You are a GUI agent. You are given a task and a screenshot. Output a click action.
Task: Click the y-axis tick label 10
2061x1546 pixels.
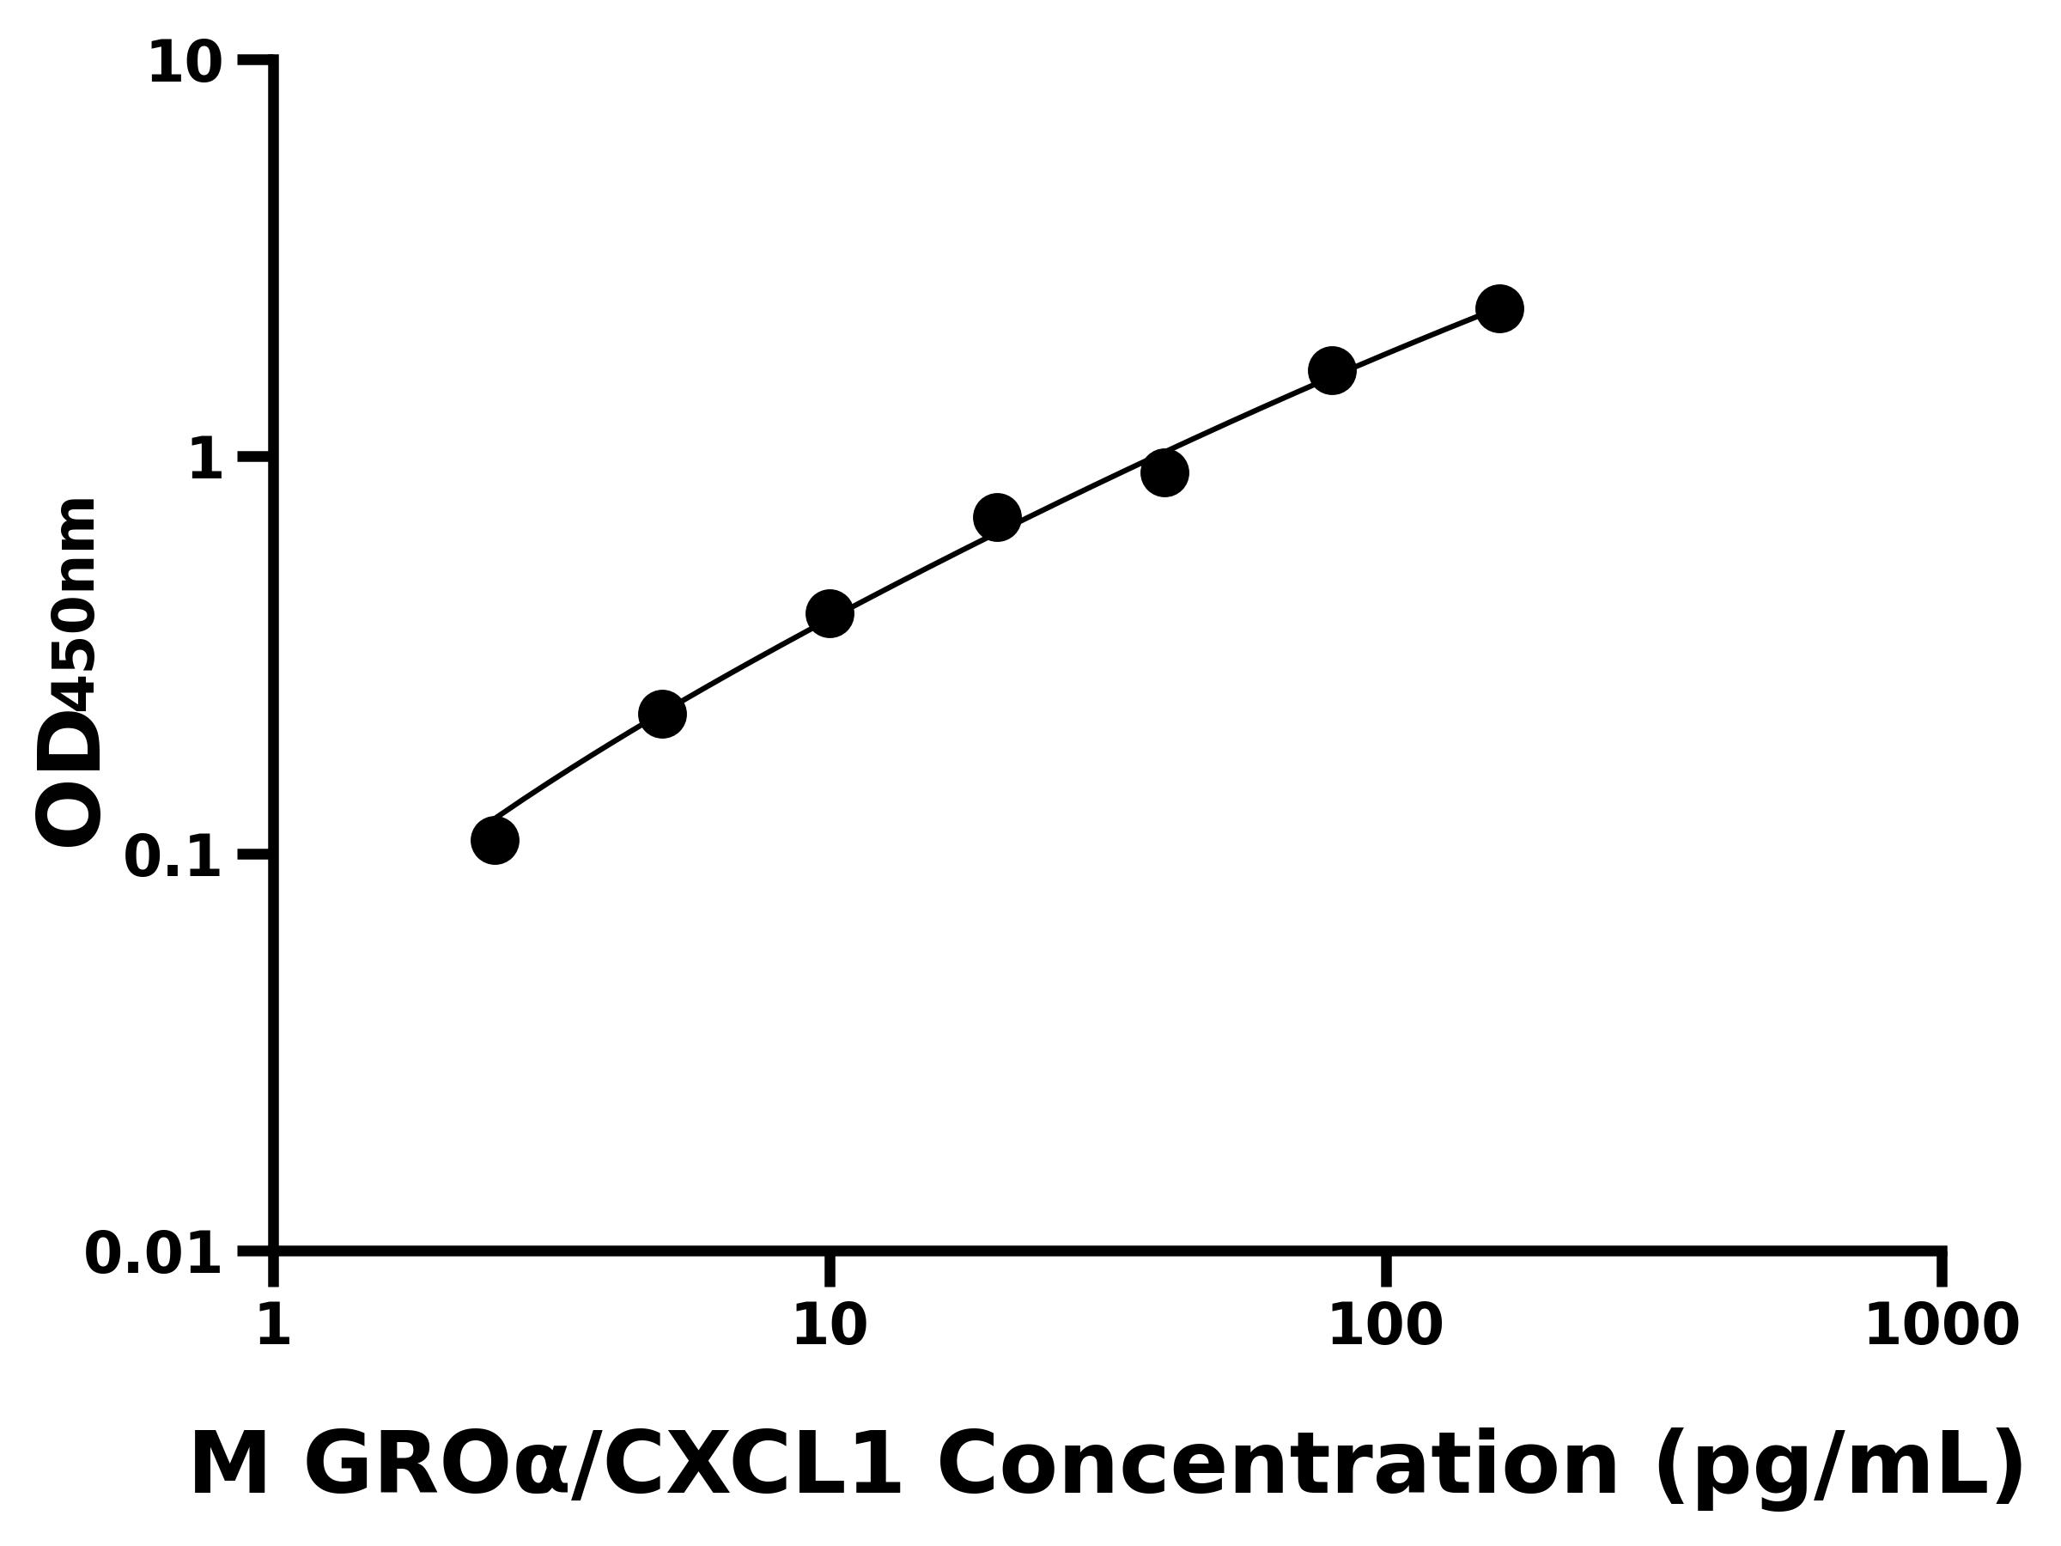pos(185,65)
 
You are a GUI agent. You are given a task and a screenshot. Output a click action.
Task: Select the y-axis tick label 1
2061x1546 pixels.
pos(206,460)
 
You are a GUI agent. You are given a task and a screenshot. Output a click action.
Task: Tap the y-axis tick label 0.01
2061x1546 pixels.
pos(154,1254)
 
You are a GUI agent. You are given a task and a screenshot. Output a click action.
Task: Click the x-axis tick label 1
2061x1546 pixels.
pos(273,1326)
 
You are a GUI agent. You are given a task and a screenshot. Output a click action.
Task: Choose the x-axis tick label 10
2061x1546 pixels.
pos(830,1326)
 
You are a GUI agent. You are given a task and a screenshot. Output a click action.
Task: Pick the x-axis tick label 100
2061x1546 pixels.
pos(1384,1326)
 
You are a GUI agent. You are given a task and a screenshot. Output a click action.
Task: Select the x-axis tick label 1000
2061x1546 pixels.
pos(1942,1326)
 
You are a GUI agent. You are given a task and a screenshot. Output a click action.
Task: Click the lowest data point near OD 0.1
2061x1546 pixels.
pos(495,841)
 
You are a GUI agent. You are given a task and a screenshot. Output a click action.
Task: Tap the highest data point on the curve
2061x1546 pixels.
pos(1499,308)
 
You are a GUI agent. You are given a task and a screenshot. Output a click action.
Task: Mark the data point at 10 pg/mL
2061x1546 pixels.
pos(830,613)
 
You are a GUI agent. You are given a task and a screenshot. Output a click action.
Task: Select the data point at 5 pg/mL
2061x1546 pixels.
pos(662,714)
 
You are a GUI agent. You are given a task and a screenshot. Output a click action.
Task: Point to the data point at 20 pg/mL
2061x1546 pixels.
pos(997,517)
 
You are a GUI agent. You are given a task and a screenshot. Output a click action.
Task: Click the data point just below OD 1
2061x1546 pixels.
pos(1164,472)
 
